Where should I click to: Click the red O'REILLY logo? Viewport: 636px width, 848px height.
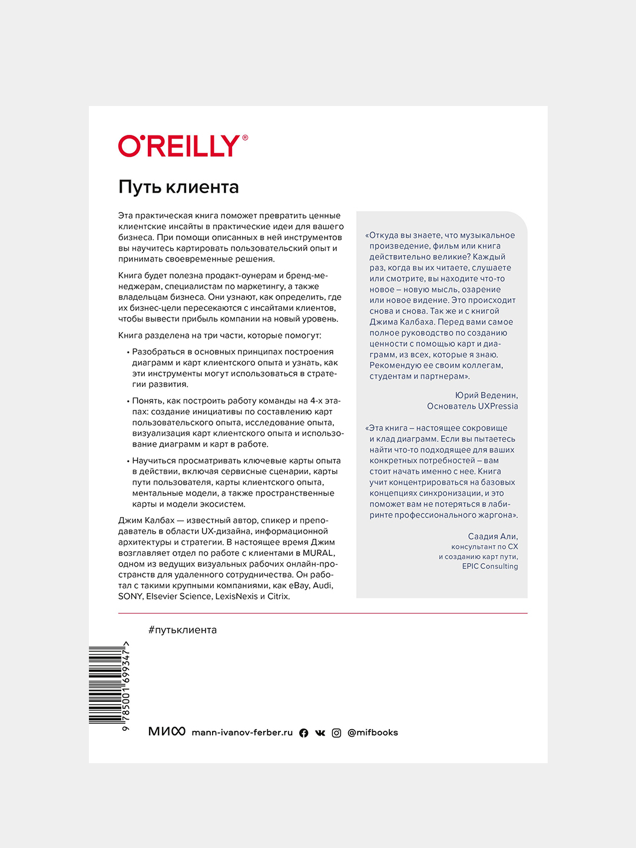pos(179,146)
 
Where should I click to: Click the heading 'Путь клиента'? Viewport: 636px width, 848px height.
pos(178,187)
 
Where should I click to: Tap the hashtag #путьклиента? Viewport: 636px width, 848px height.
pos(183,630)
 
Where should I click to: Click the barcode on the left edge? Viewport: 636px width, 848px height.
pos(106,685)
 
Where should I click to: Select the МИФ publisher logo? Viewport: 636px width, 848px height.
pos(167,731)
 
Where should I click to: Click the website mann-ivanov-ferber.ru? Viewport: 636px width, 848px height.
pos(242,733)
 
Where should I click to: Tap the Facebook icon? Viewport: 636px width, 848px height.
pos(304,733)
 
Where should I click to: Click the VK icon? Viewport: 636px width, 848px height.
pos(320,733)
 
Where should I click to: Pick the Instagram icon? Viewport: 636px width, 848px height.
pos(336,733)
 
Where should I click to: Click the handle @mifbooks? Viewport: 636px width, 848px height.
pos(373,733)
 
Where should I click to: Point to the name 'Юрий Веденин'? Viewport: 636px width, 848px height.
pos(486,395)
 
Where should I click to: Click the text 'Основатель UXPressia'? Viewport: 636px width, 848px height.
pos(472,406)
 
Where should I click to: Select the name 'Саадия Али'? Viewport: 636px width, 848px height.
pos(493,536)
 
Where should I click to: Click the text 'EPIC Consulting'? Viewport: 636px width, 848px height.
pos(490,567)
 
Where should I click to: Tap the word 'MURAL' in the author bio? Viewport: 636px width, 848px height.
pos(318,553)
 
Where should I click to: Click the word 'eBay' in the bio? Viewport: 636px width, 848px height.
pos(299,585)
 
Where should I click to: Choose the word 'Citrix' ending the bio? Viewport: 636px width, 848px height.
pos(278,597)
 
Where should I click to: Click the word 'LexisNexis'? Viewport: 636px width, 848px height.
pos(236,597)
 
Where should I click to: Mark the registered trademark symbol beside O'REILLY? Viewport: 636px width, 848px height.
pos(245,138)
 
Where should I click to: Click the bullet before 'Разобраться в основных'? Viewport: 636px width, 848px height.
pos(128,352)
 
